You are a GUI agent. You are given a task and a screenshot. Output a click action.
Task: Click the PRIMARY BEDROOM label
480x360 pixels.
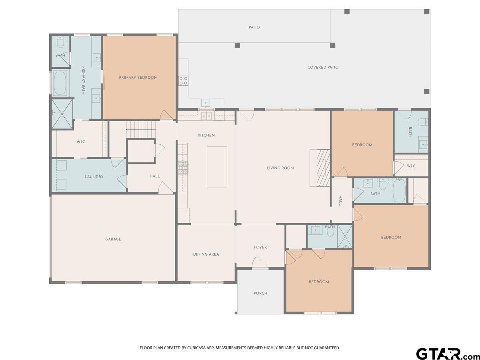pyautogui.click(x=138, y=78)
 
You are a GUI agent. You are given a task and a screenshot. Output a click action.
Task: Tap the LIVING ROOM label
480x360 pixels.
pyautogui.click(x=280, y=168)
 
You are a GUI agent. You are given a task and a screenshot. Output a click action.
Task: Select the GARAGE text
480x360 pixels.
pyautogui.click(x=113, y=239)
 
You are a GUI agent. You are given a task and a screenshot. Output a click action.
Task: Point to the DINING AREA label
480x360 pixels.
pyautogui.click(x=206, y=254)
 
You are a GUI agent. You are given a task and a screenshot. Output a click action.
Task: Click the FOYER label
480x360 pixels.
pyautogui.click(x=260, y=247)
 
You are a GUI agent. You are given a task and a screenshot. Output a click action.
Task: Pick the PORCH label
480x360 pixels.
pyautogui.click(x=260, y=293)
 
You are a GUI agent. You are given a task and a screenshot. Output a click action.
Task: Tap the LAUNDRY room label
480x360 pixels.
pyautogui.click(x=94, y=177)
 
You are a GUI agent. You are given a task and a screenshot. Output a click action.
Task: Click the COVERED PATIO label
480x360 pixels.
pyautogui.click(x=323, y=67)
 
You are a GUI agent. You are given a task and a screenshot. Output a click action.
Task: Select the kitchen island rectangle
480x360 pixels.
pyautogui.click(x=217, y=167)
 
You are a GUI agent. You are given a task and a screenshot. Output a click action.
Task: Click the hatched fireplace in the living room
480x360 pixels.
pyautogui.click(x=323, y=168)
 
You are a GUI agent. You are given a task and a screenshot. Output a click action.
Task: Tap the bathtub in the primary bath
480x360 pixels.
pyautogui.click(x=60, y=83)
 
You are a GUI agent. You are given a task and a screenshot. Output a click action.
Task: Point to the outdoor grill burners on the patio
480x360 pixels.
pyautogui.click(x=183, y=80)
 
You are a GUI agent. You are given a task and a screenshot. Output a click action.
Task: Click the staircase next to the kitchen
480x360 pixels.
pyautogui.click(x=141, y=130)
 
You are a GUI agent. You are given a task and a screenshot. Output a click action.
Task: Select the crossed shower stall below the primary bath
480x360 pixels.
pyautogui.click(x=62, y=114)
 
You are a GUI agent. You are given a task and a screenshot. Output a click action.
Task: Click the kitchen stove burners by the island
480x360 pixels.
pyautogui.click(x=183, y=168)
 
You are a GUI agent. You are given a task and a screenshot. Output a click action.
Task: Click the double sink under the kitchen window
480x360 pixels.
pyautogui.click(x=206, y=116)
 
